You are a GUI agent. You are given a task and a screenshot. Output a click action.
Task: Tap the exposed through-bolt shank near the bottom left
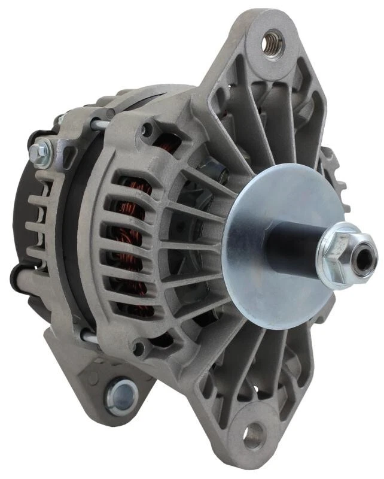[89, 338]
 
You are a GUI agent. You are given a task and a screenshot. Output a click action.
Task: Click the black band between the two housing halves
[75, 239]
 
